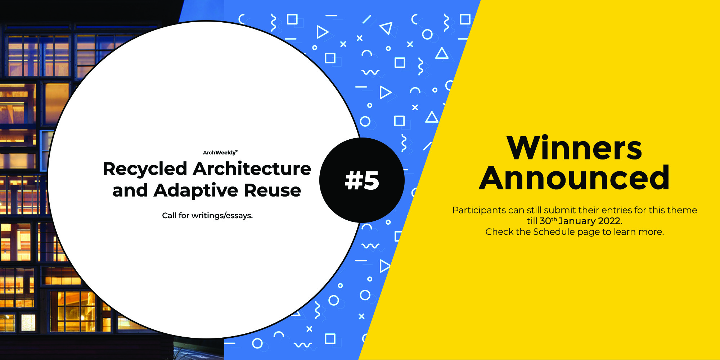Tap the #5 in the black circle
click(x=362, y=180)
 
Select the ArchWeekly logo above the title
click(x=220, y=153)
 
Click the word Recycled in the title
click(x=145, y=169)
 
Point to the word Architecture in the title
click(x=252, y=168)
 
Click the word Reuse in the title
click(x=272, y=190)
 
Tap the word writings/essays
click(x=222, y=216)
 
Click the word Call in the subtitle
click(x=169, y=215)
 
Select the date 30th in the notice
click(x=548, y=221)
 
